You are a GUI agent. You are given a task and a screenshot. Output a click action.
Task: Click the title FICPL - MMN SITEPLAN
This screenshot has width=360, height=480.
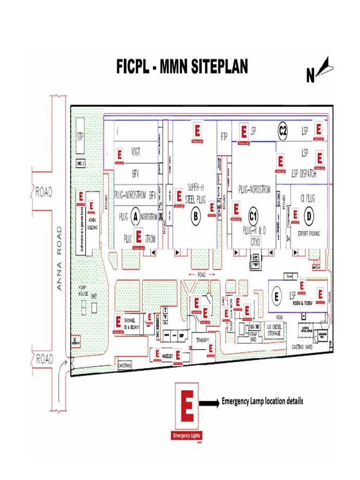point(182,67)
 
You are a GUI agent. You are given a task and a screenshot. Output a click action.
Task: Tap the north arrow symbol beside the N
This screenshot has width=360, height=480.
point(324,66)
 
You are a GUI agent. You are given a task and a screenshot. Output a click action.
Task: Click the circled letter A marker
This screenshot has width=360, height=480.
point(135,216)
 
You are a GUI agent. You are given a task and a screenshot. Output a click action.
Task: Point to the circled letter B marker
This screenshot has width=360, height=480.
point(196,216)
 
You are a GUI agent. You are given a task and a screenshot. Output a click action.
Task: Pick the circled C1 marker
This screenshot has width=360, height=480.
point(253,216)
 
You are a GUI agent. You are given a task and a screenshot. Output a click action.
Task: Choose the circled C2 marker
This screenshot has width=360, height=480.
point(283,131)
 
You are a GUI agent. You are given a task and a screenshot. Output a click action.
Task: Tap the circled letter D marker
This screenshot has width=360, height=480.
point(308,216)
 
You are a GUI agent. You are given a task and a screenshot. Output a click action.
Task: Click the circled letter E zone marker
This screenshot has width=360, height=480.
point(277,296)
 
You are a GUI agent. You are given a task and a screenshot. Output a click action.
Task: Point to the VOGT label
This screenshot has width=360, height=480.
point(136,151)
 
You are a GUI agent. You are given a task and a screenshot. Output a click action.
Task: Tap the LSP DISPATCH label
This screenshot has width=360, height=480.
point(304,174)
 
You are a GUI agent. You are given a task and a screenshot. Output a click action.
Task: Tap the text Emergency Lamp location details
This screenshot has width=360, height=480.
point(262,401)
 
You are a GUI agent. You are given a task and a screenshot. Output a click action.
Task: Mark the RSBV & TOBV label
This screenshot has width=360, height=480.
point(302,303)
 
